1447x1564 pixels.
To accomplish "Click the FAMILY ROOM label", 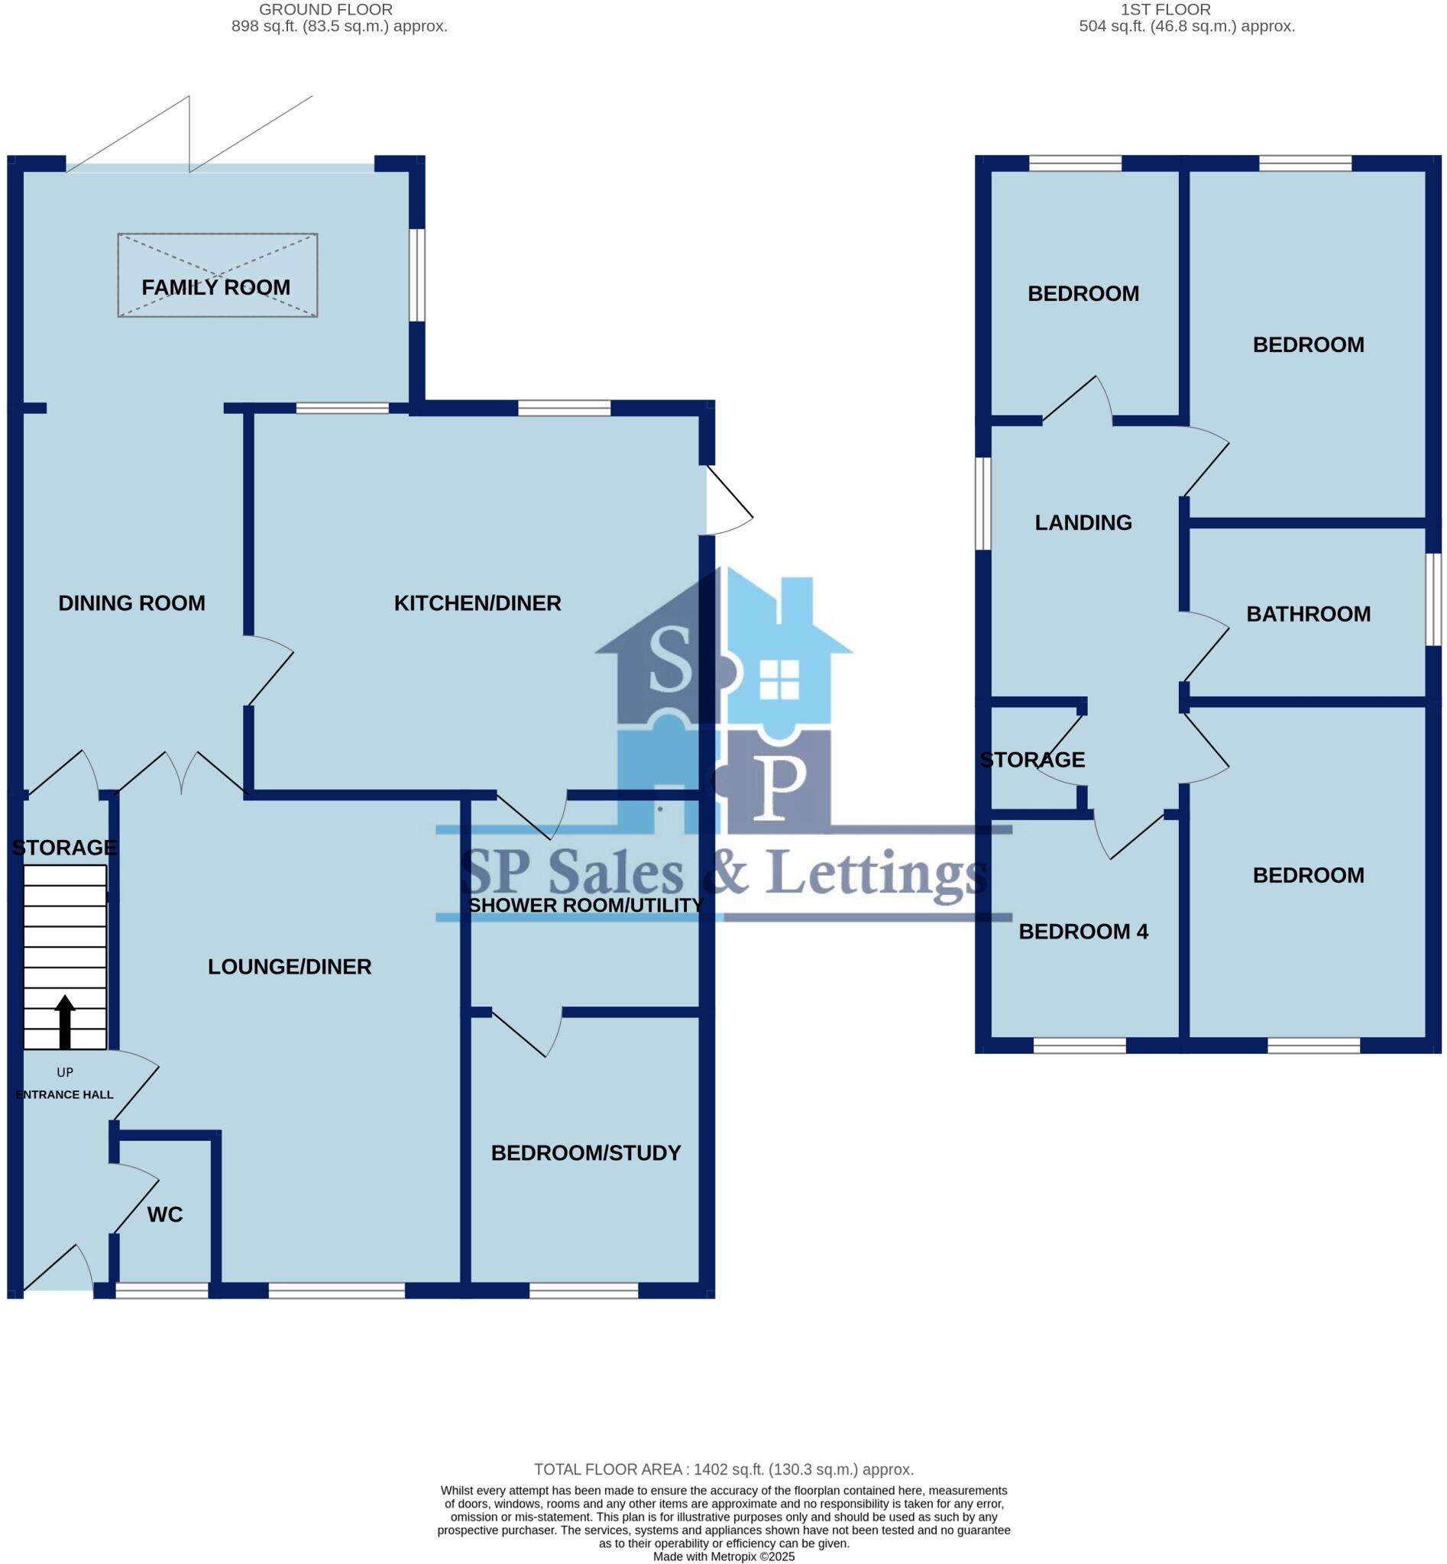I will pyautogui.click(x=215, y=287).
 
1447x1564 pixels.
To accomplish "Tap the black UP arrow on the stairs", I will pyautogui.click(x=65, y=1021).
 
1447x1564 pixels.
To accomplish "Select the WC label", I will pyautogui.click(x=164, y=1214).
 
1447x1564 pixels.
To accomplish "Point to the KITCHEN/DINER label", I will pyautogui.click(x=477, y=603).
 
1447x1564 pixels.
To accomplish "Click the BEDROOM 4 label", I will pyautogui.click(x=1083, y=931).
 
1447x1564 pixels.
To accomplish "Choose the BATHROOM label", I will pyautogui.click(x=1308, y=614).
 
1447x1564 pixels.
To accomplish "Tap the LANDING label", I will pyautogui.click(x=1083, y=522).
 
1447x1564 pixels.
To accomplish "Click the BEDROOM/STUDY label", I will pyautogui.click(x=586, y=1152).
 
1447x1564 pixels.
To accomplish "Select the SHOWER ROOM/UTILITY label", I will pyautogui.click(x=586, y=905).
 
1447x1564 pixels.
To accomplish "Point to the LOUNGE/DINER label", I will pyautogui.click(x=289, y=967).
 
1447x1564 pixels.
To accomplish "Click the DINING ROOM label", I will pyautogui.click(x=131, y=603).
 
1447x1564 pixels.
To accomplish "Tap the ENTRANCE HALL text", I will pyautogui.click(x=64, y=1094).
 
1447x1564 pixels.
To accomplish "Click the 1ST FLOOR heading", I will pyautogui.click(x=1165, y=9).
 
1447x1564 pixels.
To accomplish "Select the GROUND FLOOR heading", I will pyautogui.click(x=325, y=9).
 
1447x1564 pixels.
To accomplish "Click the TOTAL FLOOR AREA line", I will pyautogui.click(x=723, y=1469).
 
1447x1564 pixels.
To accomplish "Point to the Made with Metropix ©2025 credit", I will pyautogui.click(x=723, y=1557).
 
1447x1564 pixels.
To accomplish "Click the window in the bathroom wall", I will pyautogui.click(x=1432, y=599).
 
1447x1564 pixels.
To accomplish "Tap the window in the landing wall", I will pyautogui.click(x=982, y=503).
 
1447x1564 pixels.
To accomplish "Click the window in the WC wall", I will pyautogui.click(x=162, y=1290).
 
